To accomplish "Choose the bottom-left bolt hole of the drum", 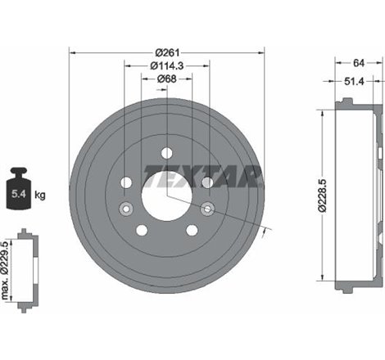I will point(143,231).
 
